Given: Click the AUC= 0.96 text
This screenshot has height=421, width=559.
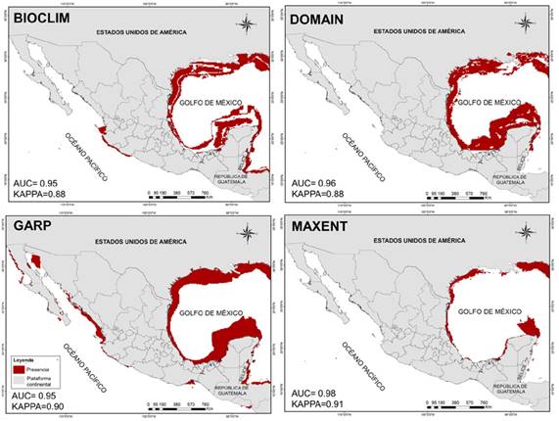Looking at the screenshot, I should [317, 182].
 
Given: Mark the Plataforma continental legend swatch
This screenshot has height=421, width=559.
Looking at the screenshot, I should [19, 382].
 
